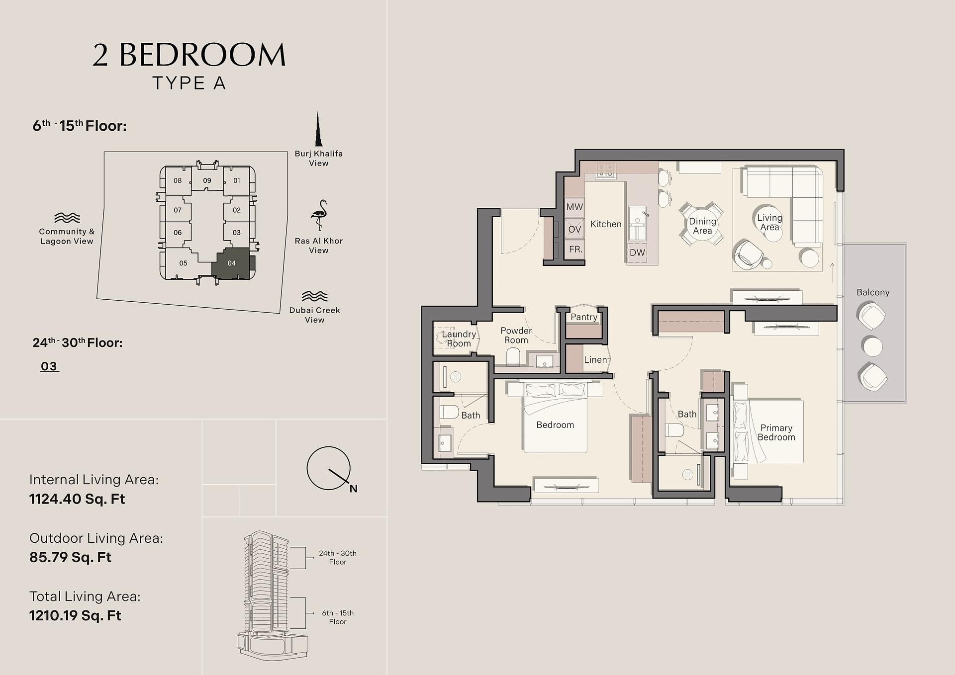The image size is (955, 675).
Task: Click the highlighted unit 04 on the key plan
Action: click(232, 263)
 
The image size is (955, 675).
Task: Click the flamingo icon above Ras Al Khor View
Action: click(319, 215)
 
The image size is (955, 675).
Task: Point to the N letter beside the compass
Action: click(353, 489)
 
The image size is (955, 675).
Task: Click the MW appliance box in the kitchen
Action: click(574, 207)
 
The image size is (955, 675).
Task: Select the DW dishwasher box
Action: click(637, 252)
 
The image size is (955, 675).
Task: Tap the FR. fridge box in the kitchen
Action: click(575, 249)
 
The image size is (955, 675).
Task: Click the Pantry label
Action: click(584, 317)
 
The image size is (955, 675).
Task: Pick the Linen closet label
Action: click(595, 359)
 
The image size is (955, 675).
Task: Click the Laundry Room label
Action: click(459, 338)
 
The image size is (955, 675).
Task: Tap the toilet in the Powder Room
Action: click(513, 356)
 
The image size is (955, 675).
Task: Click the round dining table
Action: click(702, 226)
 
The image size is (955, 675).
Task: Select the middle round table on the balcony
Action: click(872, 346)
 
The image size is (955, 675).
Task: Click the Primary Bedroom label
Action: click(776, 432)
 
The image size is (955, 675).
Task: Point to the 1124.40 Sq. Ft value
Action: click(77, 499)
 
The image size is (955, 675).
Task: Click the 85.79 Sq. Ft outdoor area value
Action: click(70, 557)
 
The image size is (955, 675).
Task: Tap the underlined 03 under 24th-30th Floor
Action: click(49, 366)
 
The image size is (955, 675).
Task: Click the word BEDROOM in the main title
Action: click(202, 55)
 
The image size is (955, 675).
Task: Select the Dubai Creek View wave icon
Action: click(315, 296)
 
